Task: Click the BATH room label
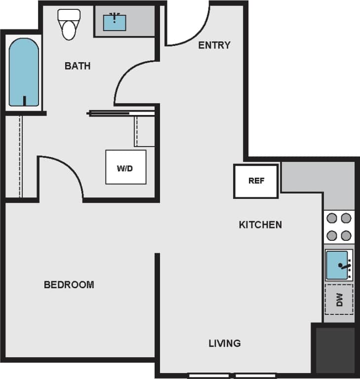coord(78,66)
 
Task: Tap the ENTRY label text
coord(214,45)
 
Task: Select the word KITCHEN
coord(260,225)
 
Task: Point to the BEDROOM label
coord(69,285)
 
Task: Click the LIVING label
coord(224,343)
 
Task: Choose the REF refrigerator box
coord(256,181)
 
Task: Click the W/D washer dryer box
coord(125,168)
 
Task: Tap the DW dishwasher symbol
coord(339,300)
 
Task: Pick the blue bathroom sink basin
coord(114,22)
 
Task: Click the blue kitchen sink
coord(337,265)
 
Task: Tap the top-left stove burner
coord(332,218)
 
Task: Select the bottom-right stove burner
coord(346,235)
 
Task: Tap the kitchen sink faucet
coord(345,267)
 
